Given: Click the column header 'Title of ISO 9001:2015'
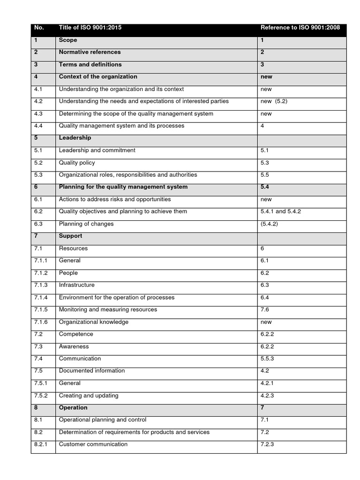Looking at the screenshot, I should (90, 28).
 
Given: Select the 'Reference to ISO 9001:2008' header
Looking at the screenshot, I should (300, 28).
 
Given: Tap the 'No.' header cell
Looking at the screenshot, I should (39, 28).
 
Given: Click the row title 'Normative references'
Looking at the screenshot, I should (90, 52).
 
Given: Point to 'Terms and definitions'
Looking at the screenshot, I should (90, 64).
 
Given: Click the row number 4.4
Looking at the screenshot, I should (38, 126).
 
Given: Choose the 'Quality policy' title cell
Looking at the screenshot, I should (77, 163).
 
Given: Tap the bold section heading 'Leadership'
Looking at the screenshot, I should (75, 138).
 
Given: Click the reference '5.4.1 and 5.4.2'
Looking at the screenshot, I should (280, 211).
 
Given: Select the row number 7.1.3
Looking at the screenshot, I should (41, 285).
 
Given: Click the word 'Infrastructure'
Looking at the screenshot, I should (76, 285).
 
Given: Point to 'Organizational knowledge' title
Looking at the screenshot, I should (93, 322).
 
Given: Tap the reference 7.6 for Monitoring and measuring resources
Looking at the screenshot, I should (264, 309).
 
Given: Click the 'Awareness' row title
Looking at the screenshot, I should (74, 346).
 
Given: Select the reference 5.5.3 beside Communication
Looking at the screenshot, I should (267, 359).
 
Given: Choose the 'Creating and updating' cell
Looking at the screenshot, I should (89, 396).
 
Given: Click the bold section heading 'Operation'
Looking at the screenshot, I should (73, 408).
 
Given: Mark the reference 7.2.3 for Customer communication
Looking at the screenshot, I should (267, 444).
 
